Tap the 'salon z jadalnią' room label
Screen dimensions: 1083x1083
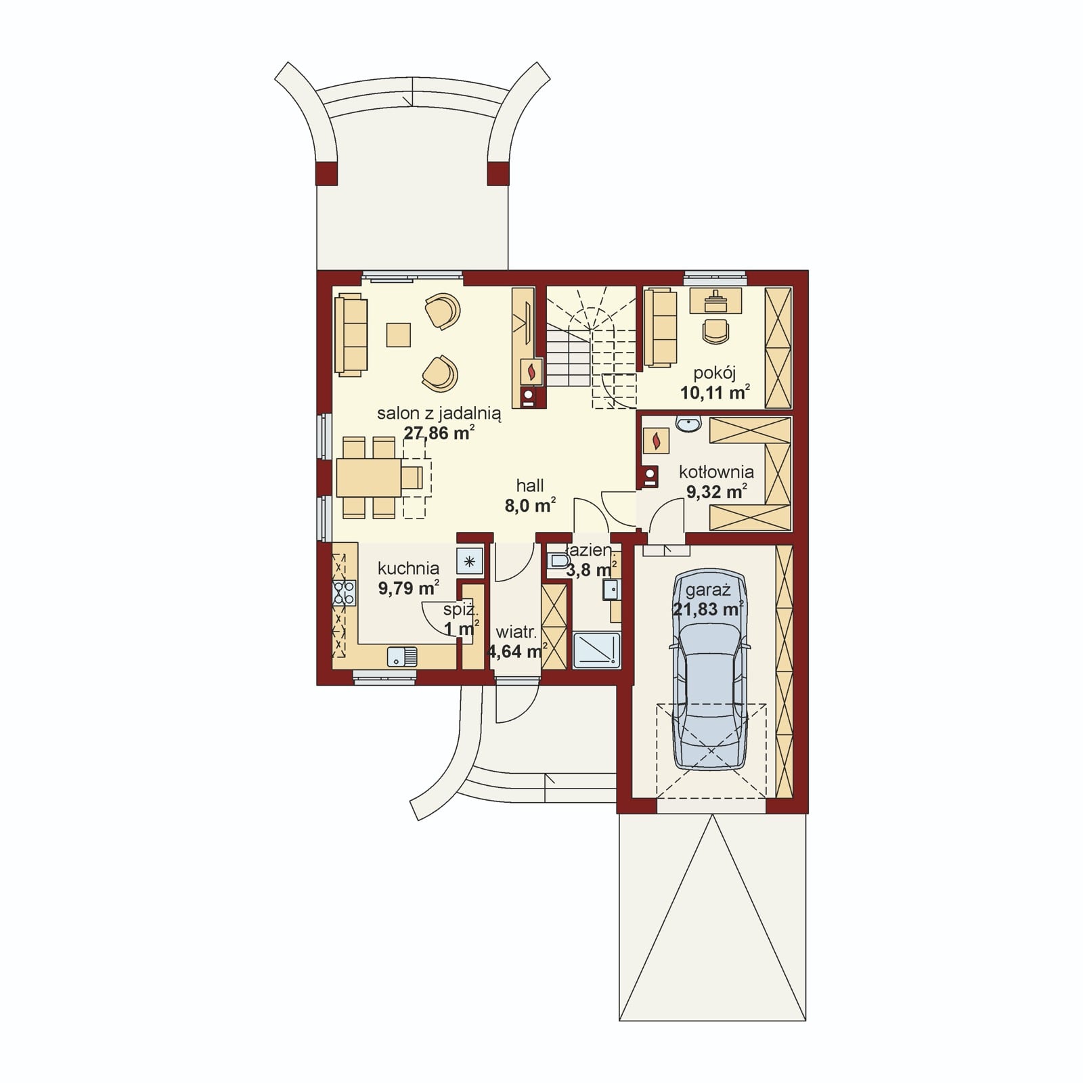pos(439,414)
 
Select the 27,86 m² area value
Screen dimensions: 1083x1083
pos(439,433)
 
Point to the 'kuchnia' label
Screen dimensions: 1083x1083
pos(408,568)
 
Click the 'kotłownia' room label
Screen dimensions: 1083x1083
pos(716,472)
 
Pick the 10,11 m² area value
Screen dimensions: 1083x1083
pos(715,393)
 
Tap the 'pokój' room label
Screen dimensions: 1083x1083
pos(714,373)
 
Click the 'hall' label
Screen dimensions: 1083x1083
pos(530,485)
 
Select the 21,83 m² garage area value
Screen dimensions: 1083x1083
pos(708,609)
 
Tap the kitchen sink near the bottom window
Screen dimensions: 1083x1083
pos(402,656)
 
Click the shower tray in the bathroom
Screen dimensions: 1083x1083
pos(596,650)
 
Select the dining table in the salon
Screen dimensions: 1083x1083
pos(369,478)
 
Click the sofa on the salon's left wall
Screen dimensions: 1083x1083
pos(351,334)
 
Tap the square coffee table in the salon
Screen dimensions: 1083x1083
pos(399,334)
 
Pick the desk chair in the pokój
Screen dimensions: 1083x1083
pos(716,330)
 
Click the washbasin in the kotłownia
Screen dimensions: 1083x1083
pos(688,424)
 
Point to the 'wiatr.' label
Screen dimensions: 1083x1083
pos(516,633)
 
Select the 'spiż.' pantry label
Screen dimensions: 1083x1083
pos(460,610)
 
